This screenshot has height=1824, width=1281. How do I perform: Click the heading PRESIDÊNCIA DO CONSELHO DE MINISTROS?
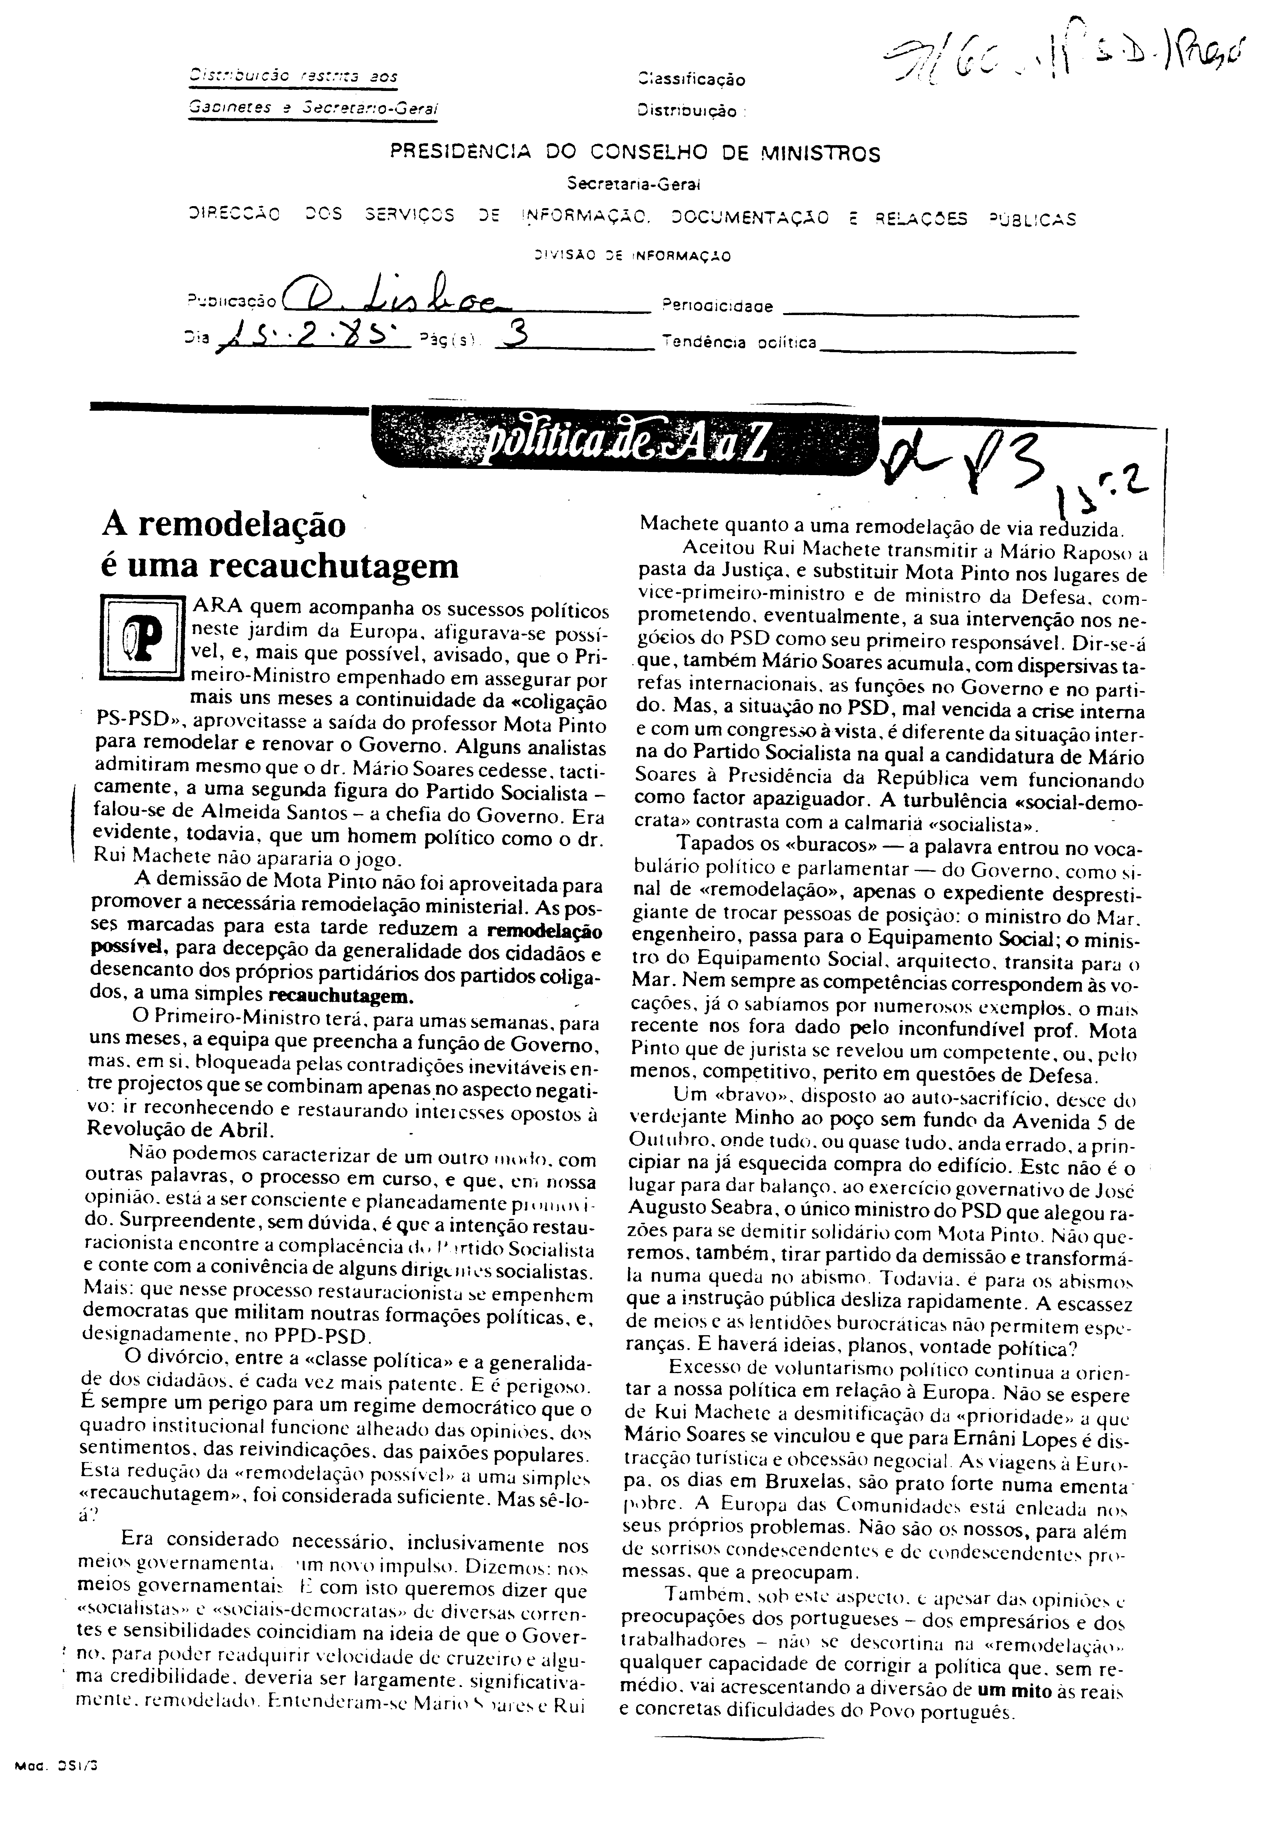coord(635,153)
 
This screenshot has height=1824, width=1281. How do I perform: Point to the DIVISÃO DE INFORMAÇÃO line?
coord(633,256)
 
